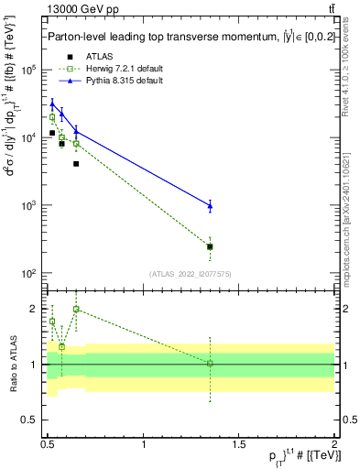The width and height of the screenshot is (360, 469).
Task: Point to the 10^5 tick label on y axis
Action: point(30,70)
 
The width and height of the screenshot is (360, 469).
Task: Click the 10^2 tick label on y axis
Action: point(30,273)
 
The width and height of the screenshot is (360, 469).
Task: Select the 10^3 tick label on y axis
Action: point(30,205)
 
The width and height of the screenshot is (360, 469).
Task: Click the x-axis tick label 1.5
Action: point(239,445)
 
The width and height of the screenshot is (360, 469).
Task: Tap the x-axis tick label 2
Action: point(334,445)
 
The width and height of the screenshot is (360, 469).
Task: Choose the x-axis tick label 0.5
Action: point(49,445)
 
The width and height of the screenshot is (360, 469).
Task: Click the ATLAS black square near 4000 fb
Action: point(76,164)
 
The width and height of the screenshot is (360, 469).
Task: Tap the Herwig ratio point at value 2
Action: point(76,310)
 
